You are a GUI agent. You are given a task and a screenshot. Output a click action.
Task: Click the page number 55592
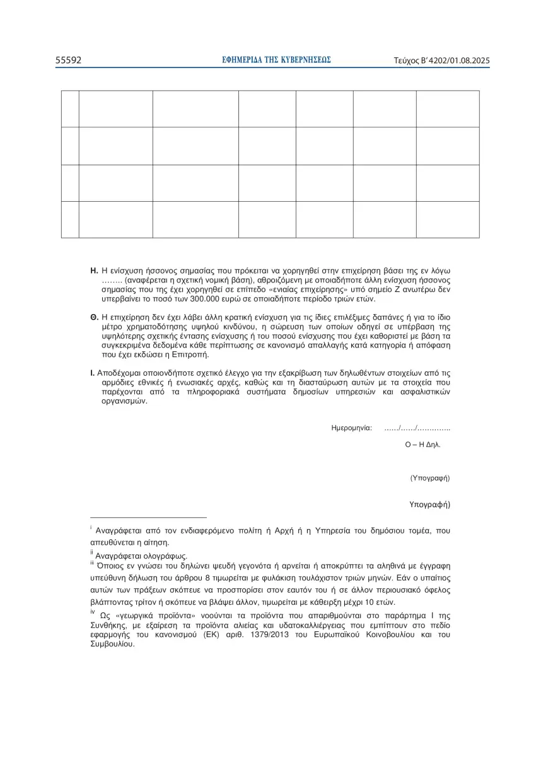coord(68,61)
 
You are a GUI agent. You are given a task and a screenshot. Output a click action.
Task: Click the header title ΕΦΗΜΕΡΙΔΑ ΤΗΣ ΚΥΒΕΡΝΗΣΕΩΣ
coord(276,60)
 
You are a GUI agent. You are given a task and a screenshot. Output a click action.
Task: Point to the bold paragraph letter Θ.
coord(94,317)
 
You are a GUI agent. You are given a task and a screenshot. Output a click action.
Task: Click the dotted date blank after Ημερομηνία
coord(417,428)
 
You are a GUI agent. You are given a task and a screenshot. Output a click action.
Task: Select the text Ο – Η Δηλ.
coord(422,444)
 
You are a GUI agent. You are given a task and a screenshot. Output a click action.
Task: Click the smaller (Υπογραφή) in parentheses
coord(429,478)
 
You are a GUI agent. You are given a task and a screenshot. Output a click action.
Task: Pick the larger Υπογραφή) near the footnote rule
coord(429,505)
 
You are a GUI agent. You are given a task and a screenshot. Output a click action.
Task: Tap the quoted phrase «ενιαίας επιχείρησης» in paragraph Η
coord(315,289)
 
